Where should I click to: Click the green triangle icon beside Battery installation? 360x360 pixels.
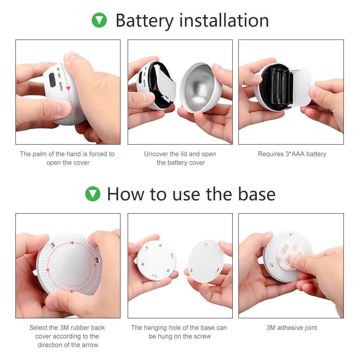(99, 20)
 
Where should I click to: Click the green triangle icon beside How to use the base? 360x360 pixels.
(93, 194)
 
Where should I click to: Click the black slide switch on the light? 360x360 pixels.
(52, 80)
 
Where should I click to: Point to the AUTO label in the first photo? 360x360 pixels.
(61, 86)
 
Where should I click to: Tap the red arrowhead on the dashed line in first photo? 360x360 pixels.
(68, 88)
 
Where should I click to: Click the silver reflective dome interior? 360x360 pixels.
(199, 87)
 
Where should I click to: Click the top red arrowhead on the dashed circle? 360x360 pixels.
(72, 243)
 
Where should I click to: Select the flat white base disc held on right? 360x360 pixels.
(206, 261)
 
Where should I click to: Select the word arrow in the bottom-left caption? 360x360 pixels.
(91, 345)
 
